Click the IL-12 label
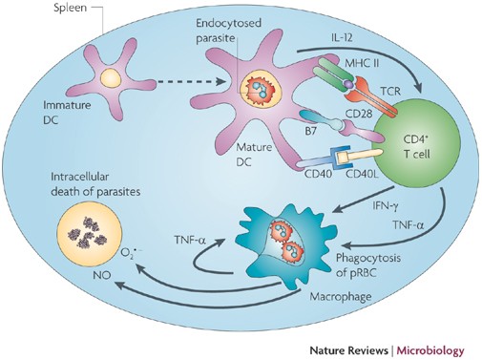click(x=341, y=38)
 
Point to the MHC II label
click(x=362, y=63)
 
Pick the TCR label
click(x=390, y=92)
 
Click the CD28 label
click(x=359, y=114)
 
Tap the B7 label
click(x=310, y=131)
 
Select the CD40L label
click(x=362, y=174)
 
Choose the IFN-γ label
click(x=386, y=206)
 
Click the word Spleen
click(x=70, y=8)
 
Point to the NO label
click(x=102, y=275)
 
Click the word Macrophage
click(x=341, y=297)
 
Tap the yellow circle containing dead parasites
click(x=90, y=236)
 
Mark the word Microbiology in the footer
click(x=431, y=350)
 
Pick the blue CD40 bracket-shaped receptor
click(x=340, y=159)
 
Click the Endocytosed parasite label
click(x=228, y=31)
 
